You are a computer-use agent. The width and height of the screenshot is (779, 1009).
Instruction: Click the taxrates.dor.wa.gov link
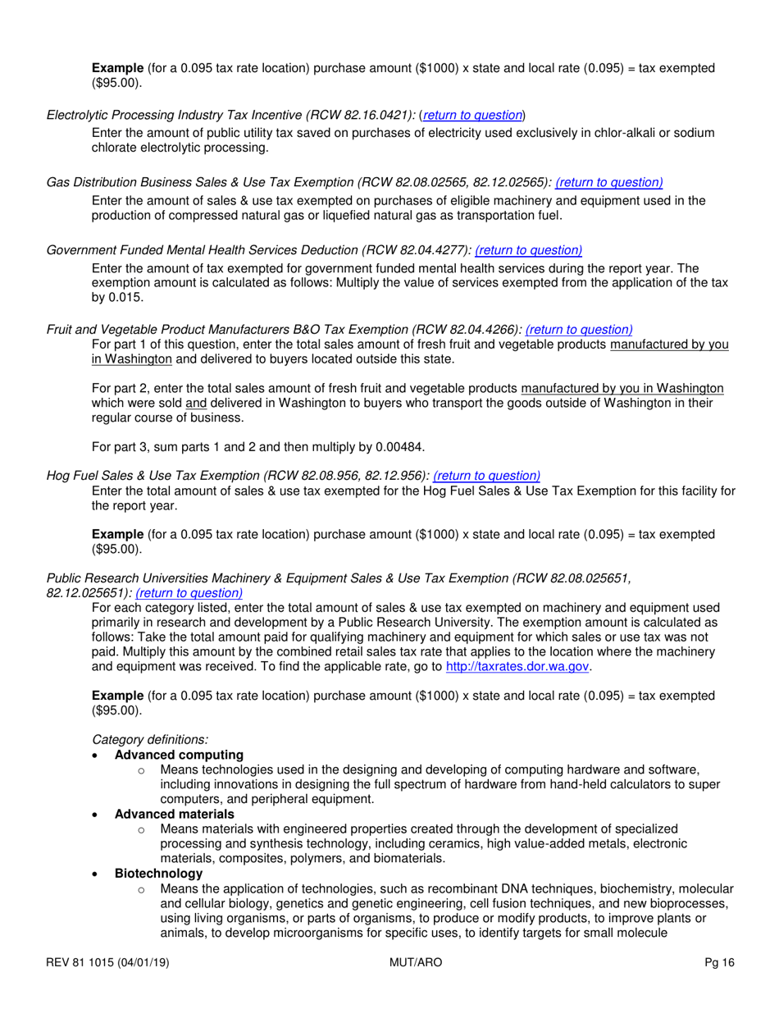[517, 667]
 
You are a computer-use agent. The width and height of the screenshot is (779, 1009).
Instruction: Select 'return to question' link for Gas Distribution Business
[609, 182]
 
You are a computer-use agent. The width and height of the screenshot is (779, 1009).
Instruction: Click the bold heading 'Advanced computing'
[179, 754]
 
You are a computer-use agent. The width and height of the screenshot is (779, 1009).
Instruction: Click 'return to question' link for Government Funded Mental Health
[528, 249]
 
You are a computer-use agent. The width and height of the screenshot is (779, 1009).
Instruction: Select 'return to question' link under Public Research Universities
[189, 591]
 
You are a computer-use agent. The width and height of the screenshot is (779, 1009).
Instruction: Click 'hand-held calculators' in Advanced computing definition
[588, 784]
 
